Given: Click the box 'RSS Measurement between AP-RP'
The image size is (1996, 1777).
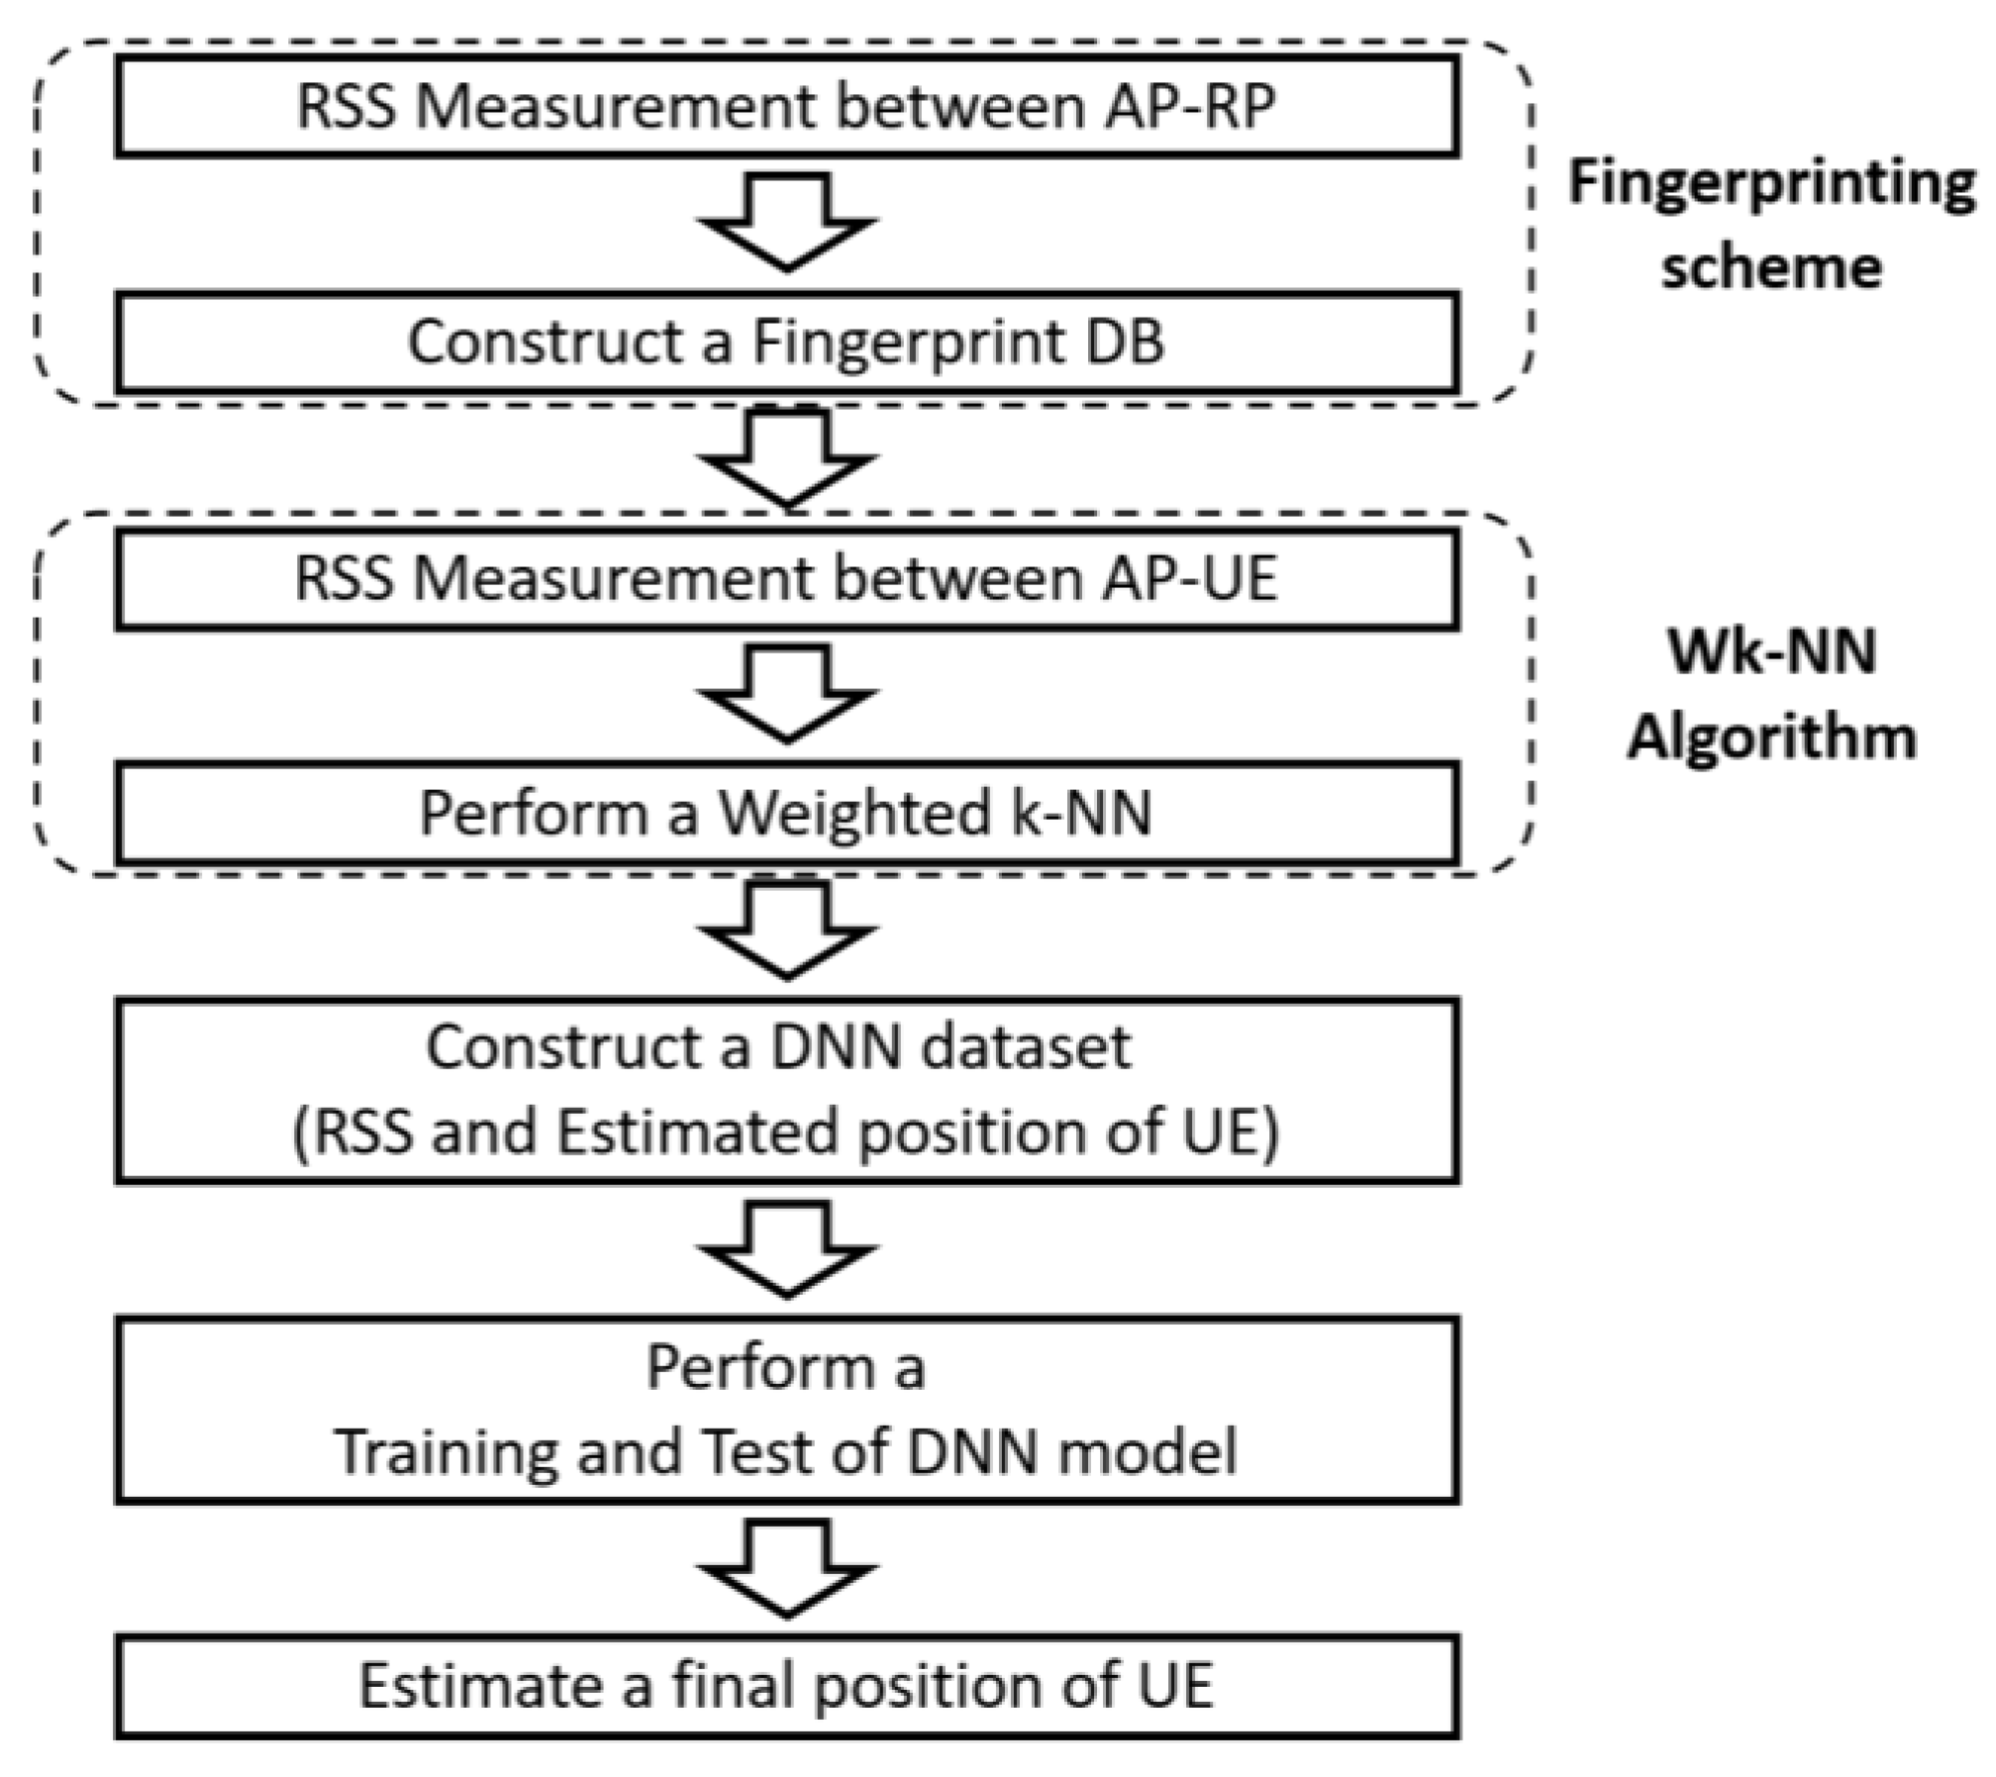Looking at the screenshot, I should (x=787, y=107).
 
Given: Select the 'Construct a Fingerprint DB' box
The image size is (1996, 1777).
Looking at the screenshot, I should (x=787, y=343).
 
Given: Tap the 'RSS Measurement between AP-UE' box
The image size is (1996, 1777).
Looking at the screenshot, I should (x=787, y=579).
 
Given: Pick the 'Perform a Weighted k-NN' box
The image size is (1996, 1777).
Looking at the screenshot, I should (x=787, y=814).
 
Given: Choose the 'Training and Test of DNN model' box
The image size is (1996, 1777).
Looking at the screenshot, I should (x=787, y=1410).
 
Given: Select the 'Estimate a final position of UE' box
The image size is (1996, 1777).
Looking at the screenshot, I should (x=787, y=1687).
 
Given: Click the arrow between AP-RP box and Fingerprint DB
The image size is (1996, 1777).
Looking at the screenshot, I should (x=787, y=223).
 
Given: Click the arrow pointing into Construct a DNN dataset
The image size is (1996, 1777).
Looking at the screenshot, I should (x=787, y=931).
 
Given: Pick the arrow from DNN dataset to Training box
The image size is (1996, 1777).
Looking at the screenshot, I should (x=787, y=1249).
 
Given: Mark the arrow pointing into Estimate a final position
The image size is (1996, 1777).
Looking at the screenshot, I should (x=787, y=1568).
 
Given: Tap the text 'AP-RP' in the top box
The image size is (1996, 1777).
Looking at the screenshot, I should (x=1188, y=107).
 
